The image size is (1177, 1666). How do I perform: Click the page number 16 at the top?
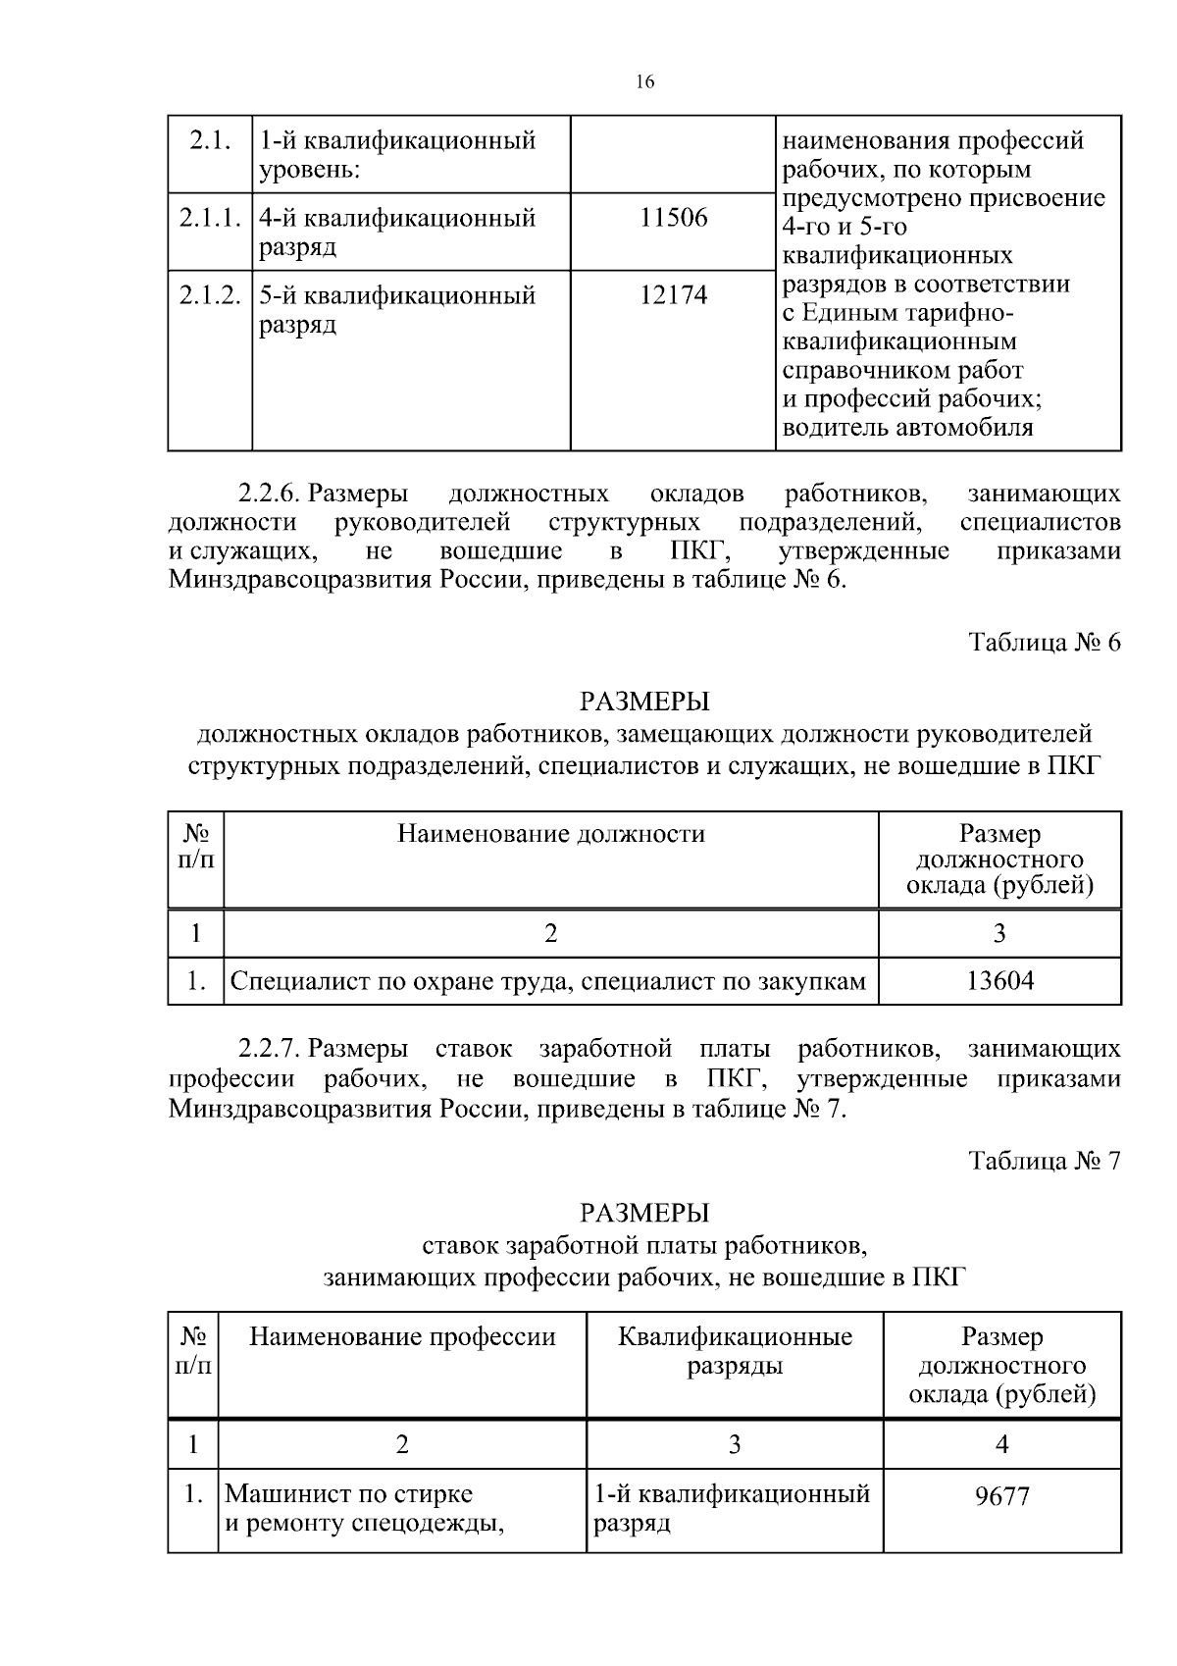644,82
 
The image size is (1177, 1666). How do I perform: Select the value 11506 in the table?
673,218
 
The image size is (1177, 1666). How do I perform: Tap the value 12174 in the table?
673,295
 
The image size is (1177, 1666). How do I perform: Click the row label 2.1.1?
210,218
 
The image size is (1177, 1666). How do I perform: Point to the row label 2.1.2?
210,295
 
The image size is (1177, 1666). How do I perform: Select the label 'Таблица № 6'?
1044,643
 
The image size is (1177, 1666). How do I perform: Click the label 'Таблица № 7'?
1044,1161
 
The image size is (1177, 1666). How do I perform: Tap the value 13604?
999,981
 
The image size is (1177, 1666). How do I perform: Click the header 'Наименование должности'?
550,834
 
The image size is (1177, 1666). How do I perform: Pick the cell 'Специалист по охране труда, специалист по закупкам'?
548,981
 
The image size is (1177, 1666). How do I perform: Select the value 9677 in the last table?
1001,1497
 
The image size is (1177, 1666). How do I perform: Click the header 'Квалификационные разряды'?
735,1351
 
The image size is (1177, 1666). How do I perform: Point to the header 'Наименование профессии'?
402,1337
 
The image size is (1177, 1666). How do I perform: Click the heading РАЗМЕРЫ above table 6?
644,703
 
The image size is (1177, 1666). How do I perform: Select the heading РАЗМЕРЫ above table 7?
644,1214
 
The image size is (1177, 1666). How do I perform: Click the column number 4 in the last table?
1001,1444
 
